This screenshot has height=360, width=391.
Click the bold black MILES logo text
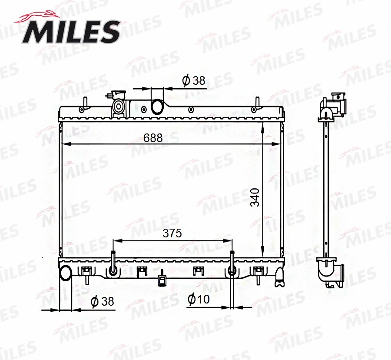click(x=72, y=32)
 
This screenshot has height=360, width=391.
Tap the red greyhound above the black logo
click(x=35, y=17)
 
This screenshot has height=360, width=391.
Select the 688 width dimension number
click(x=153, y=138)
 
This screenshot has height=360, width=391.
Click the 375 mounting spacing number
click(x=172, y=233)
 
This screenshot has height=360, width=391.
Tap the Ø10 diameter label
click(x=199, y=299)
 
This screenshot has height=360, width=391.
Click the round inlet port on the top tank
click(x=156, y=106)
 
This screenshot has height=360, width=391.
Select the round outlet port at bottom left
click(x=66, y=273)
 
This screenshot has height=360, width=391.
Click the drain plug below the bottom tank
click(x=162, y=281)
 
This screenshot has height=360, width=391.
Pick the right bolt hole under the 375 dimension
click(x=232, y=270)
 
